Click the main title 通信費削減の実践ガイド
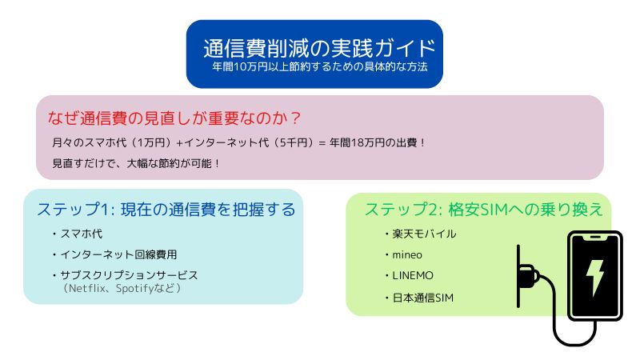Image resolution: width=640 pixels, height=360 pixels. click(319, 48)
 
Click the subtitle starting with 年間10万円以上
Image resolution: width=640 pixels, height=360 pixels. click(319, 66)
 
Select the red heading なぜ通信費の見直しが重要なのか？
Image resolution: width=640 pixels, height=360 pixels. click(174, 118)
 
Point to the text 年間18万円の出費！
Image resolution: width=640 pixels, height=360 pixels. click(378, 142)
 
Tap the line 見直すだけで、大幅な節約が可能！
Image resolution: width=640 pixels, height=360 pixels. click(137, 163)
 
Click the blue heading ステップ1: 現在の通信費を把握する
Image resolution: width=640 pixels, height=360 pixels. click(166, 210)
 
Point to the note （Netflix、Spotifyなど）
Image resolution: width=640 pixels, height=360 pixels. click(122, 288)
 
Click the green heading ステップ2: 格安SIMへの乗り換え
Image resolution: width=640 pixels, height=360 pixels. click(484, 210)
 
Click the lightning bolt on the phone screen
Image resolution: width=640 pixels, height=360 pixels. click(594, 275)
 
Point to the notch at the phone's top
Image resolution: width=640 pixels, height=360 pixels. click(595, 237)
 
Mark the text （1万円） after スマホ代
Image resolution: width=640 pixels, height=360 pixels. click(150, 142)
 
